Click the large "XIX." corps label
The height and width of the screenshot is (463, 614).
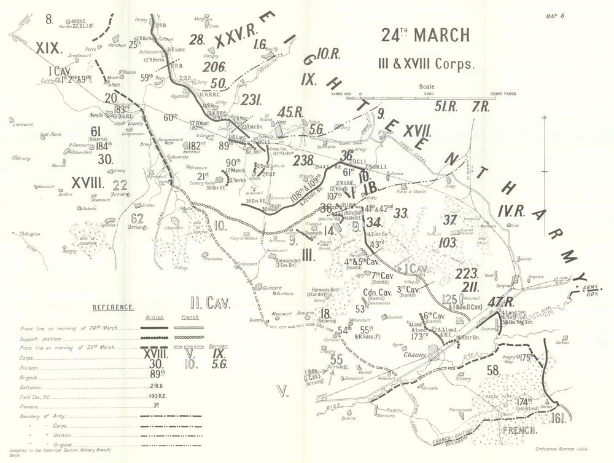pos(47,47)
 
